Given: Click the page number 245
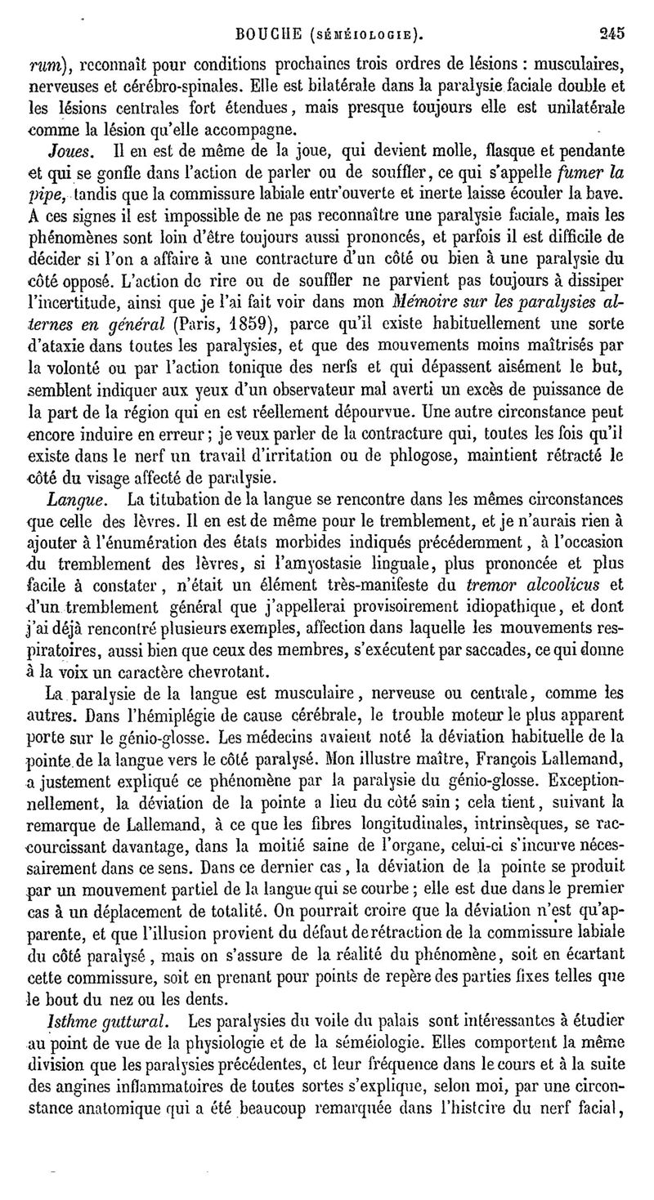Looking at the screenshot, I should click(611, 33).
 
